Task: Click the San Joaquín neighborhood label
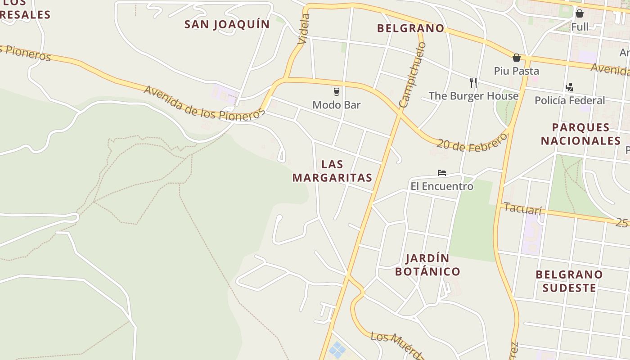pos(227,24)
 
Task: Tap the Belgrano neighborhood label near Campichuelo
pos(410,28)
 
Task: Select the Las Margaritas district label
pos(332,171)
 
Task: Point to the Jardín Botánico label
pos(427,265)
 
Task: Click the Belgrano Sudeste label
pos(569,281)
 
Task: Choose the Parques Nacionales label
pos(580,134)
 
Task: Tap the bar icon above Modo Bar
pos(336,92)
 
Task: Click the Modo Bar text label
pos(336,105)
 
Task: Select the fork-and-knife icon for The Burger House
pos(473,83)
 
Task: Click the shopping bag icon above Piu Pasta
pos(517,58)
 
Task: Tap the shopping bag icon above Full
pos(580,13)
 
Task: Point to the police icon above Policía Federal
pos(569,87)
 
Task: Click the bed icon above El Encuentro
pos(441,173)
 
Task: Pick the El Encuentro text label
pos(441,186)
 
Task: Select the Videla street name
pos(304,29)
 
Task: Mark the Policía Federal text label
pos(569,100)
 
